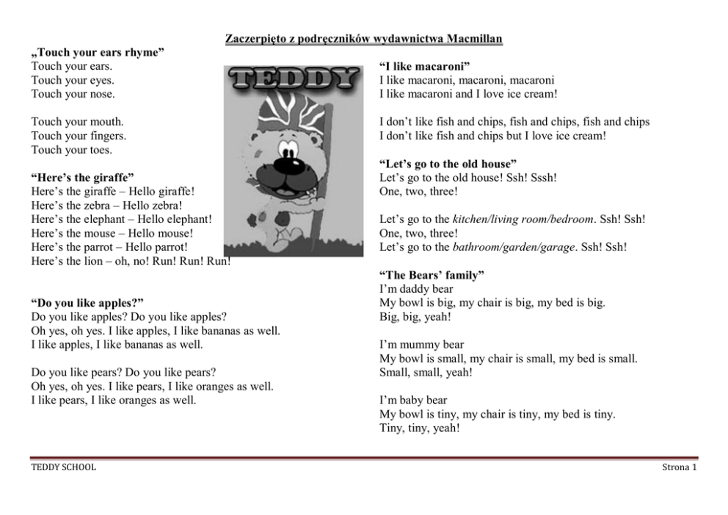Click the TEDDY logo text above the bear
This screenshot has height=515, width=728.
click(294, 80)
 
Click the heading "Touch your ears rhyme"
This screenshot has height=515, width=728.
click(98, 53)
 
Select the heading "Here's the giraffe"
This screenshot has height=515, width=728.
click(82, 178)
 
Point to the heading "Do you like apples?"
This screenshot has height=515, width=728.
click(87, 303)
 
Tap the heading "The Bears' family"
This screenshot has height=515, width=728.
click(432, 275)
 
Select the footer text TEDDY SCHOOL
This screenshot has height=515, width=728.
click(63, 467)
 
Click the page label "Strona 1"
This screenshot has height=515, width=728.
click(679, 467)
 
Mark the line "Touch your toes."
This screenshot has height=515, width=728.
click(71, 150)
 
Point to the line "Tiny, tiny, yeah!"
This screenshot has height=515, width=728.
click(420, 428)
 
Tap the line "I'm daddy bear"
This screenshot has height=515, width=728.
click(416, 289)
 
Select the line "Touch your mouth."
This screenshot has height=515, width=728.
click(77, 123)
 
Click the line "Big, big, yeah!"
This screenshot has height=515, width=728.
click(415, 317)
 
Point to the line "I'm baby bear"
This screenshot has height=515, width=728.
click(413, 400)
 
